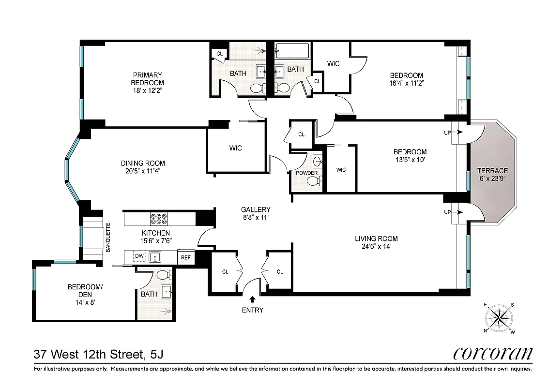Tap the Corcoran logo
pos(493,354)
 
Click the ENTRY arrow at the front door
pos(252,300)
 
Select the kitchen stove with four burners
pos(159,219)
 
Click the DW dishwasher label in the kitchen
pos(139,256)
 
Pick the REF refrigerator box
pos(186,258)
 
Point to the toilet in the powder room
pos(314,181)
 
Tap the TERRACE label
pos(492,171)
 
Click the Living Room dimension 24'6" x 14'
pos(376,246)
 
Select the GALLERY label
pos(256,209)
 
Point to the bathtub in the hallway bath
pos(292,50)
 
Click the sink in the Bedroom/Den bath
pos(167,291)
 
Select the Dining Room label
pos(143,163)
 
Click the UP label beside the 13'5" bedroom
pos(447,132)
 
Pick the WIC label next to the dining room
pos(235,148)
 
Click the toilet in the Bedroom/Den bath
pos(163,274)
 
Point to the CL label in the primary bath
pos(219,54)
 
